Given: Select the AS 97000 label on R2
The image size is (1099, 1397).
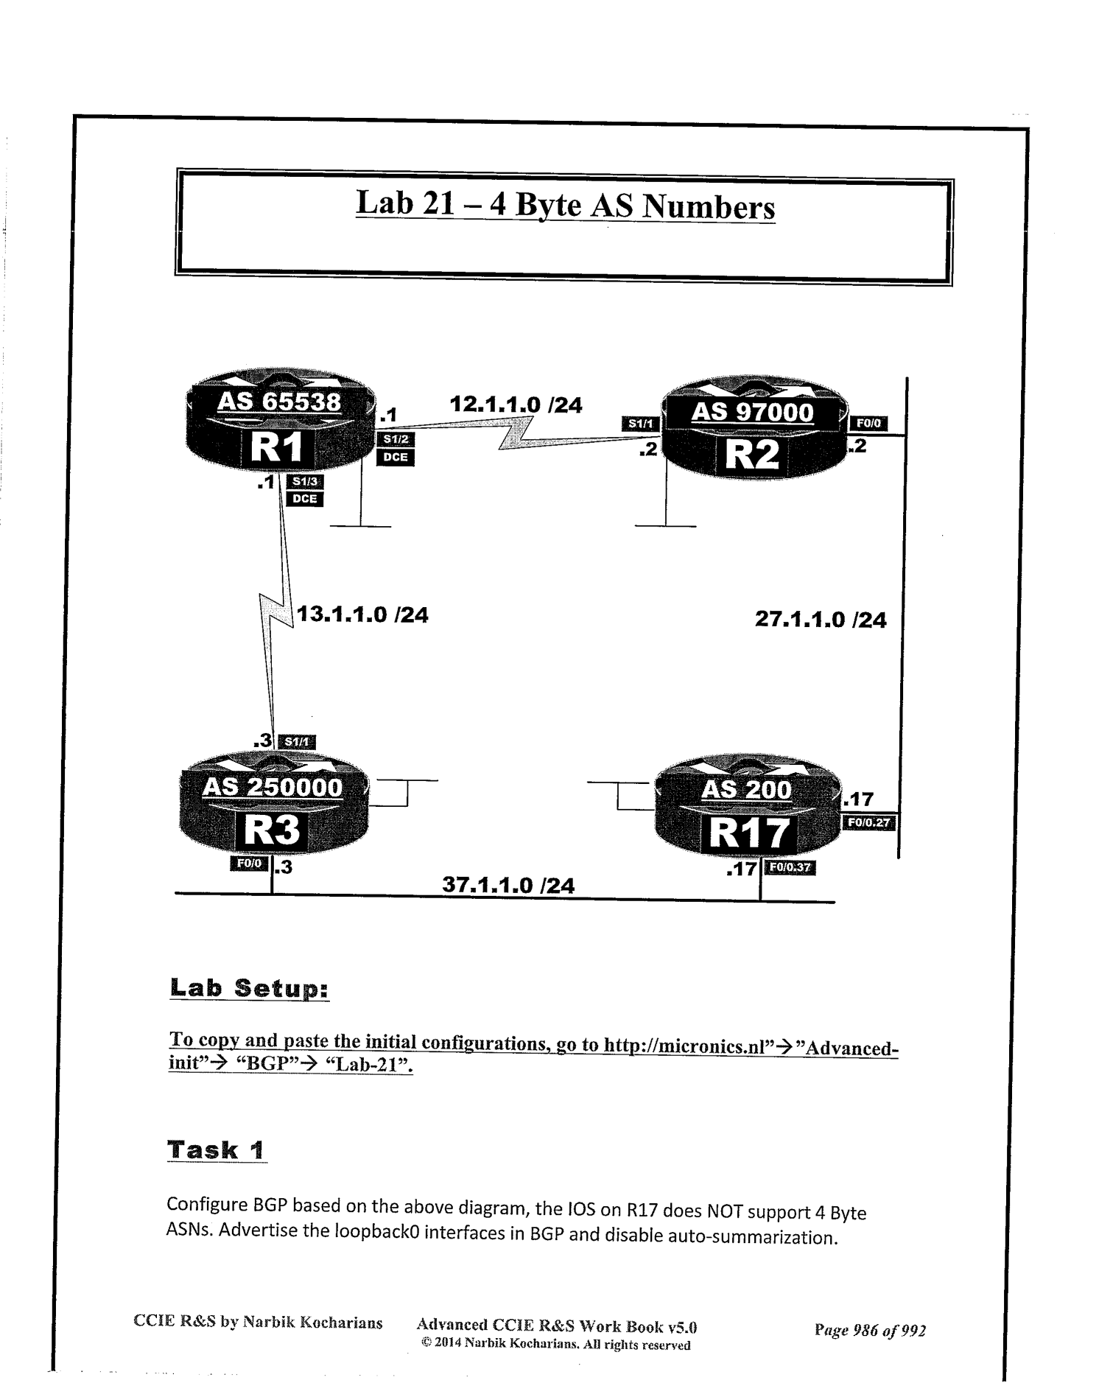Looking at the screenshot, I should pos(752,412).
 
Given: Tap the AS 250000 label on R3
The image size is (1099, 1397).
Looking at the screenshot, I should pos(273,787).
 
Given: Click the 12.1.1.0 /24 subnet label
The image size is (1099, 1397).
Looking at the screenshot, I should pos(516,405).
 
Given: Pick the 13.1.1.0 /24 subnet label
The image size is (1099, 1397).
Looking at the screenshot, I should pos(362,615).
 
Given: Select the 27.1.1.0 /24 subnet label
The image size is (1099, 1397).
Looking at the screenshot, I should pos(821,620).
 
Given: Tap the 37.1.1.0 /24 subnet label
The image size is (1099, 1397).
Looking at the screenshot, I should pos(508,884).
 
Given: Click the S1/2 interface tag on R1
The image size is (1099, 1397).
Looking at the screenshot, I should pos(396,440).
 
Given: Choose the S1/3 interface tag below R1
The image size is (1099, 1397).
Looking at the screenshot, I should pos(304,483).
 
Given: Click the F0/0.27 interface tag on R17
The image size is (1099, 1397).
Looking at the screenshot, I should pos(869,822).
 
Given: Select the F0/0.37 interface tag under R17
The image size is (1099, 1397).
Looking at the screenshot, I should pos(790,867).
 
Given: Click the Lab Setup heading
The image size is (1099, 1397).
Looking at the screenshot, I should pos(249,988).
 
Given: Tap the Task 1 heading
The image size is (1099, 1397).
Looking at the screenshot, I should pos(217,1150).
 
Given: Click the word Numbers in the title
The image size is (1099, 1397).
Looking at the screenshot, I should pos(709,207).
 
